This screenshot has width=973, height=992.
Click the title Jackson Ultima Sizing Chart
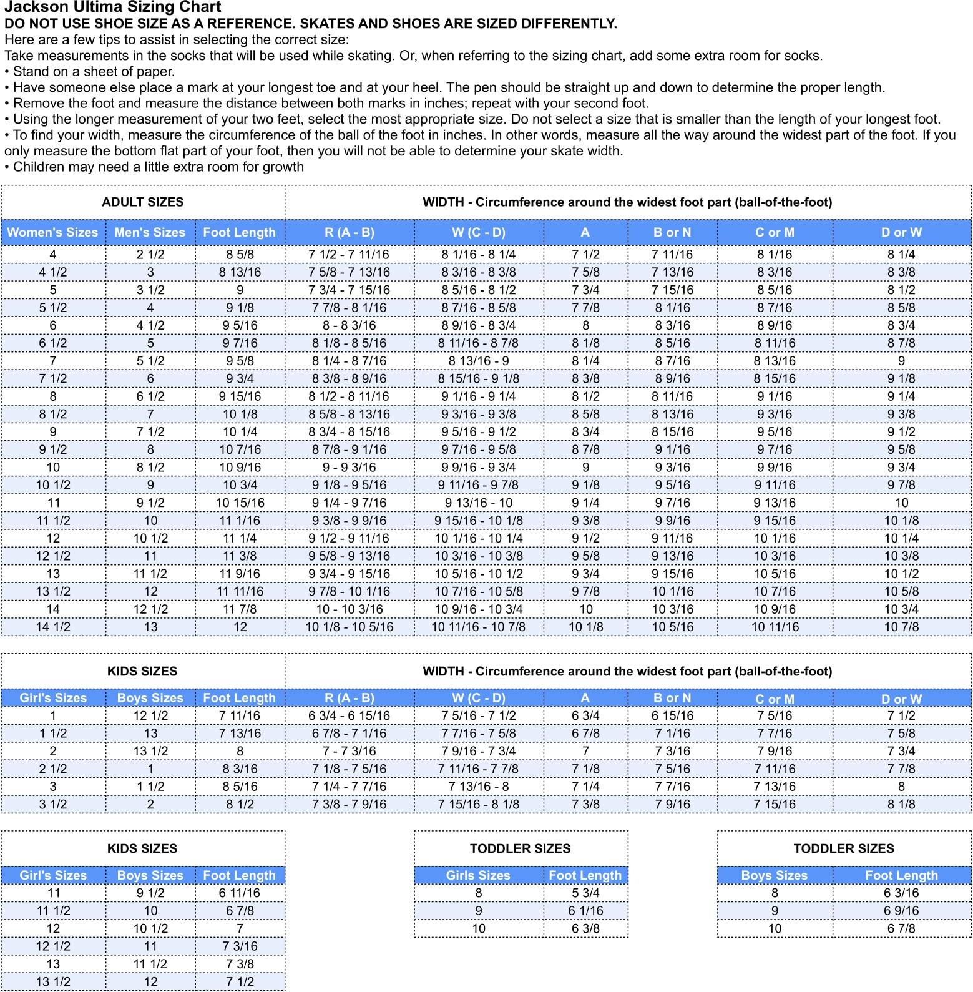[x=112, y=7]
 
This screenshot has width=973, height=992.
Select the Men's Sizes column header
[x=150, y=232]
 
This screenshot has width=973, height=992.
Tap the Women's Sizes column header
[x=52, y=232]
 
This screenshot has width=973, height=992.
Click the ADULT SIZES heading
[x=142, y=202]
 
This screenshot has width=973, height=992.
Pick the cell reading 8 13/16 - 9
[x=478, y=361]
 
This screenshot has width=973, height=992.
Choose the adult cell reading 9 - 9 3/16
[x=349, y=467]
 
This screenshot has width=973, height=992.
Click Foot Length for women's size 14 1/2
[x=240, y=627]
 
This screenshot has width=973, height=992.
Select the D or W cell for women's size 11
[x=901, y=503]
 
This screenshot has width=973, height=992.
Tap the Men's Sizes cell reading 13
[x=150, y=627]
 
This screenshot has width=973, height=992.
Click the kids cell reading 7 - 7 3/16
[x=349, y=751]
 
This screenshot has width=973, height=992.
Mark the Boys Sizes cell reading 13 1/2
[x=150, y=751]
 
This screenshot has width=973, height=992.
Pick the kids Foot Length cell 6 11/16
[x=240, y=893]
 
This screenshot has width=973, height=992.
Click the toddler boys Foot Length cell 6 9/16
[x=901, y=911]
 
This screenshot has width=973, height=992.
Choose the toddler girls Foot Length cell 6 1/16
[x=585, y=911]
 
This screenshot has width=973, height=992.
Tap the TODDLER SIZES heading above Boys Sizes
[x=844, y=848]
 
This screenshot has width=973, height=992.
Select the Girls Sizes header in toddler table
[x=478, y=875]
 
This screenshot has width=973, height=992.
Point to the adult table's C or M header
[x=775, y=232]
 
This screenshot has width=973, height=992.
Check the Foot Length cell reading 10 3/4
[x=240, y=485]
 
